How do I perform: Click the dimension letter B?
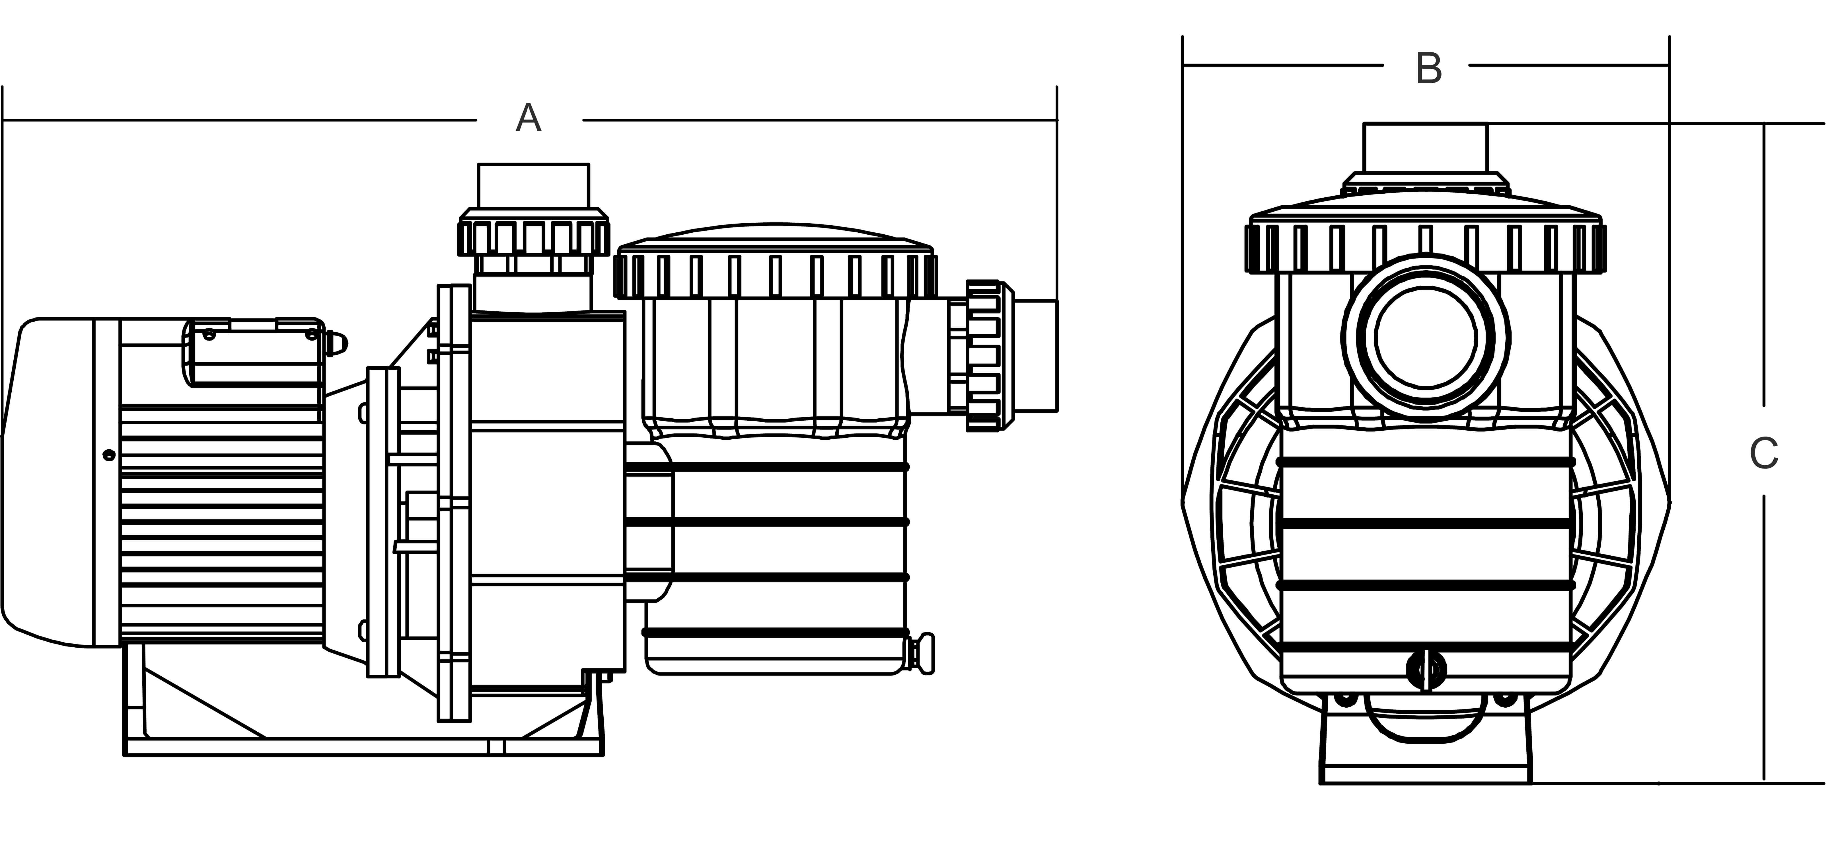click(1429, 69)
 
